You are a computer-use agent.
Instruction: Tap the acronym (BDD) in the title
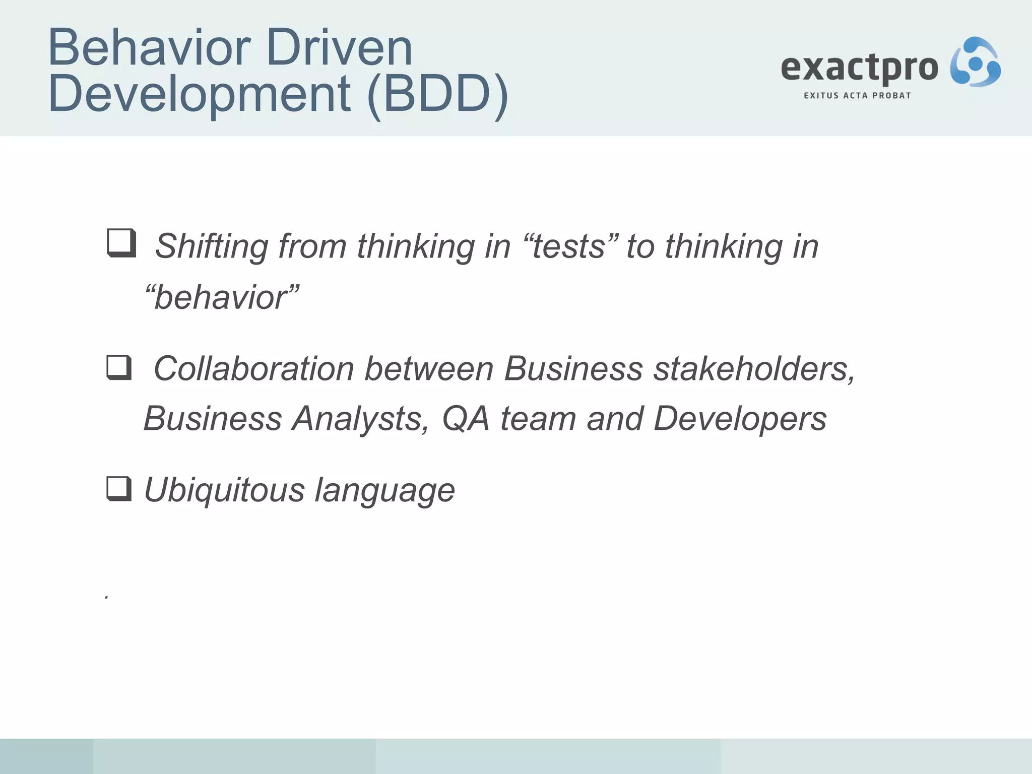coord(437,94)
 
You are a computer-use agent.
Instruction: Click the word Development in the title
coord(200,94)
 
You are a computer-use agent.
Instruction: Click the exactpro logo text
coord(859,68)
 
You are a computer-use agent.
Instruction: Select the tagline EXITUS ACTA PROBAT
coord(857,96)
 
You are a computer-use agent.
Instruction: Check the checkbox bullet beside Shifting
coord(121,243)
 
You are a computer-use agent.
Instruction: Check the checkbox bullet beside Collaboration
coord(119,367)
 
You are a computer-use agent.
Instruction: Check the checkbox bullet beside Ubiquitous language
coord(119,489)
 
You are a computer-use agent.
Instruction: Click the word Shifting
coord(211,247)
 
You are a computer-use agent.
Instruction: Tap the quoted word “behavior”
coord(222,297)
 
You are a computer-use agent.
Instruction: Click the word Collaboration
coord(253,368)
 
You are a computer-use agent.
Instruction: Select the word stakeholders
coord(754,368)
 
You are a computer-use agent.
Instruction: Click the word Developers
coord(740,419)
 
